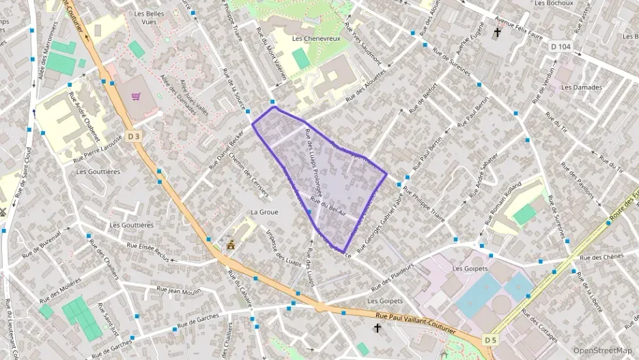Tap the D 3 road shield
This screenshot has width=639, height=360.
pos(134,137)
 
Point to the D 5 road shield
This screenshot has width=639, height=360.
pos(490,339)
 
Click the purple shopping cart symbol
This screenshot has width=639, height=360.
pos(136,96)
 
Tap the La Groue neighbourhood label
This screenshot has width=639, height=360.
pos(264,212)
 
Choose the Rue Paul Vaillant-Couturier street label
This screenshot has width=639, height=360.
pos(415,322)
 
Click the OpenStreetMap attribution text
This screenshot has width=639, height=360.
pos(602,350)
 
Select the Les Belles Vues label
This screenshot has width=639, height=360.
pos(150,18)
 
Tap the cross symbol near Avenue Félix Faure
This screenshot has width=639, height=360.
pos(497,31)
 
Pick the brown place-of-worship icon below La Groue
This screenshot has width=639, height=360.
pos(231,245)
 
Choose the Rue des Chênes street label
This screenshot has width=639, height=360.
pos(601,258)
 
